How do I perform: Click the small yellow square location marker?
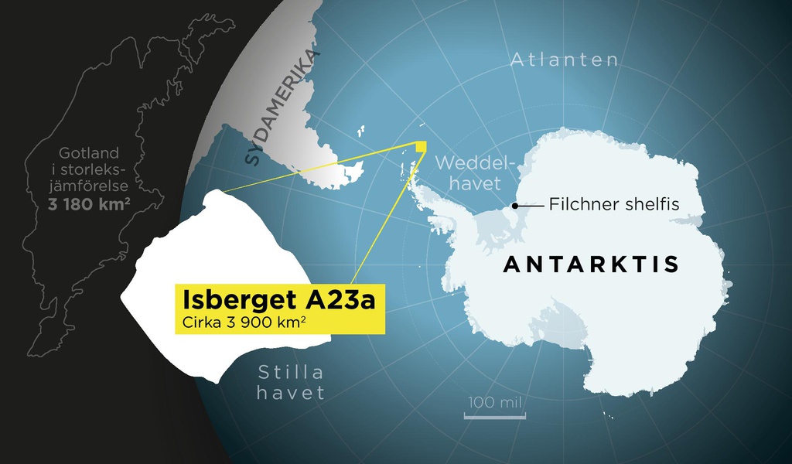(x=421, y=147)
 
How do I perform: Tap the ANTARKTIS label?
(x=591, y=264)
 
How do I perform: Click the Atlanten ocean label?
(x=564, y=60)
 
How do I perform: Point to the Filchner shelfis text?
(x=613, y=205)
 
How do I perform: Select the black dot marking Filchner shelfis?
(x=514, y=206)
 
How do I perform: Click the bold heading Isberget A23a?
(x=278, y=299)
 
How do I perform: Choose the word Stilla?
(x=291, y=371)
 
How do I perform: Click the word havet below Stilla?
(x=291, y=393)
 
